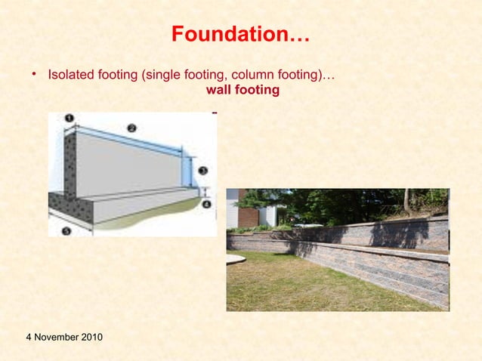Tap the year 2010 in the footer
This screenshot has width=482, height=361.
coord(90,335)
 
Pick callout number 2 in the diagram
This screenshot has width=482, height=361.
coord(131,128)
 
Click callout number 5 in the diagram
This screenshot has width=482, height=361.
coord(66,231)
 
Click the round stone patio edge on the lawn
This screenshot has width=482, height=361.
coord(235,260)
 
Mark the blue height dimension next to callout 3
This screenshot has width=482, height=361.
coord(186,171)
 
